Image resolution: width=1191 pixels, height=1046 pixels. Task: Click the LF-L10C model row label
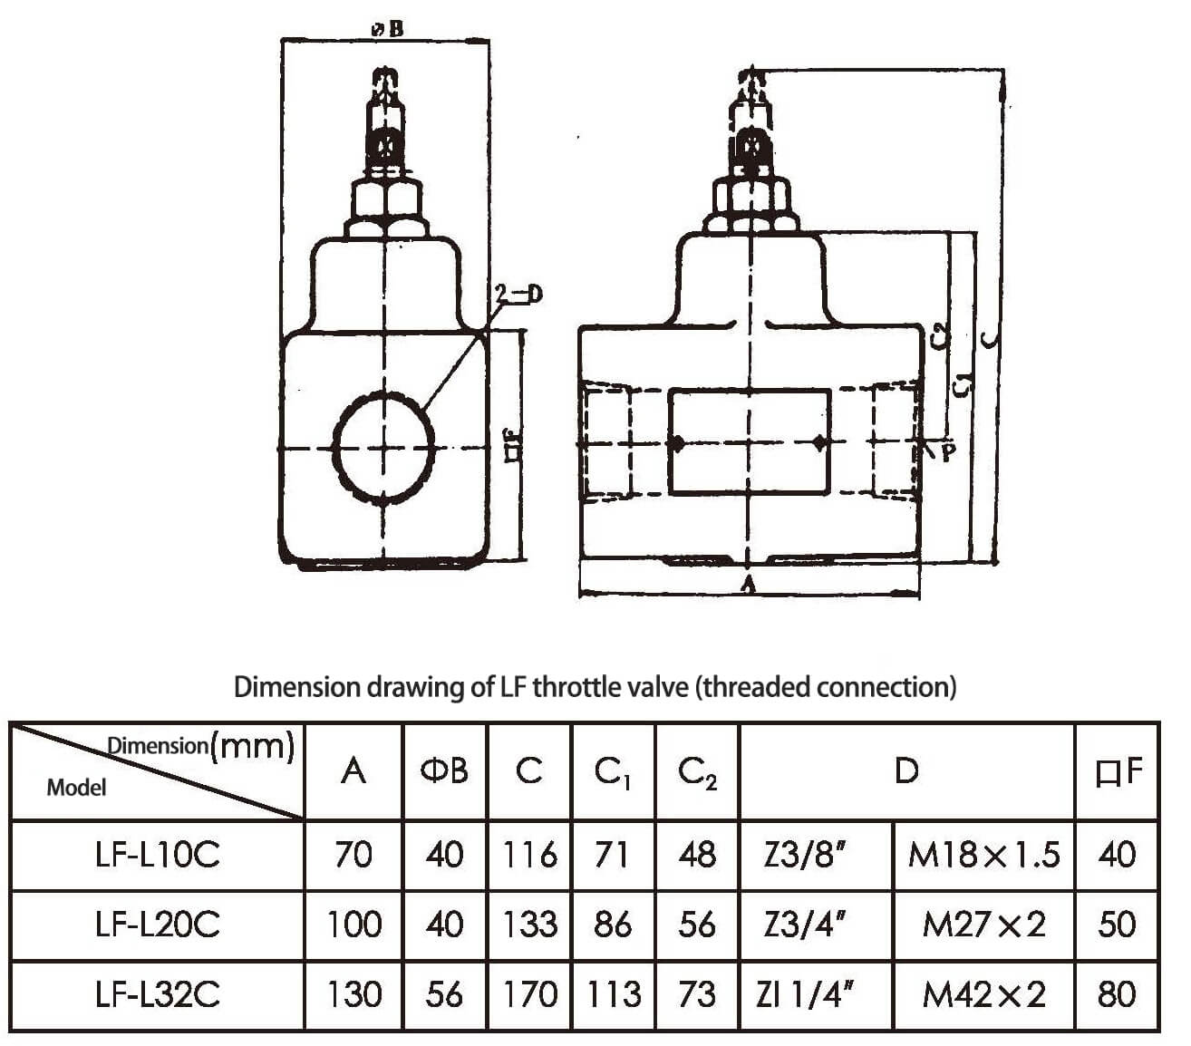(157, 855)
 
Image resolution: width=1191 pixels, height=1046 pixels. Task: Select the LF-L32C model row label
(157, 994)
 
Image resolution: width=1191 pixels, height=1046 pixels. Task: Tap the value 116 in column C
(529, 855)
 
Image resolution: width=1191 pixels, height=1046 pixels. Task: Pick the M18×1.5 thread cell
(983, 855)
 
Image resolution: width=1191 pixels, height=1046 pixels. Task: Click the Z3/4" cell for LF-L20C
(805, 925)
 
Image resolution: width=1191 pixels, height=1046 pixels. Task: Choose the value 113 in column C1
(613, 994)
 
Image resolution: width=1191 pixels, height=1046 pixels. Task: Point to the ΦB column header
(444, 771)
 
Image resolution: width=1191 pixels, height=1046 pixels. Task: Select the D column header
(906, 771)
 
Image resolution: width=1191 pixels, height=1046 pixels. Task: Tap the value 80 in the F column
(1116, 994)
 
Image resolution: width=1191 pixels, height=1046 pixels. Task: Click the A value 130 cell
(353, 994)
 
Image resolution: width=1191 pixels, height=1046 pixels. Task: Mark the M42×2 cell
(983, 994)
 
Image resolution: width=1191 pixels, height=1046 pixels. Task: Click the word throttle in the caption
(588, 687)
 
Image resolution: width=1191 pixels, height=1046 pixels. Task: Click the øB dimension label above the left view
(388, 29)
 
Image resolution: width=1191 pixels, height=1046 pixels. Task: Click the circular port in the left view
(384, 446)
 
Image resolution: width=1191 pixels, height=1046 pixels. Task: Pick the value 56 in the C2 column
(697, 925)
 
